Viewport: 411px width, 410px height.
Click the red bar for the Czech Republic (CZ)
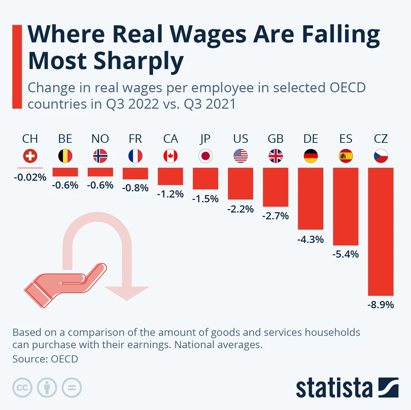click(380, 232)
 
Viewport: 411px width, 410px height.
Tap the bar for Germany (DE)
click(310, 198)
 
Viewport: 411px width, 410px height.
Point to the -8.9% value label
click(380, 305)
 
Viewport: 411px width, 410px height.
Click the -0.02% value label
click(30, 177)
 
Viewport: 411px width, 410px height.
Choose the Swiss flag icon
click(30, 156)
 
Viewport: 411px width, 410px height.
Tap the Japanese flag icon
click(205, 156)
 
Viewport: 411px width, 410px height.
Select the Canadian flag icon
click(171, 156)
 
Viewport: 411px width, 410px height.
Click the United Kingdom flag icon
click(276, 156)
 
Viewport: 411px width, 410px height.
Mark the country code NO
click(100, 139)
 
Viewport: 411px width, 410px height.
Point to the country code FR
click(135, 139)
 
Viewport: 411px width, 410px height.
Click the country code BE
click(65, 139)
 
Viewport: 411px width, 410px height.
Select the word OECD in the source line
click(64, 359)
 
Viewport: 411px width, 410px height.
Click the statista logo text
click(334, 388)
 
